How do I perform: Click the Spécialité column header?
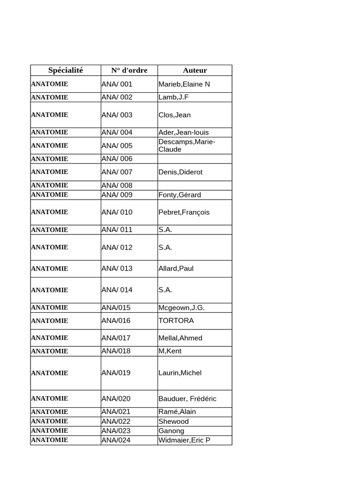pos(66,70)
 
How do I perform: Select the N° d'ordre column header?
pos(129,70)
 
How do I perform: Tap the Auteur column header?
pos(195,70)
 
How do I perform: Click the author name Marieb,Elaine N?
pos(184,84)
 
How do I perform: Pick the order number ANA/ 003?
pos(117,115)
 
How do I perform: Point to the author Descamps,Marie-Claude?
pos(187,145)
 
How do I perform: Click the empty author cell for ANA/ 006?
pos(195,159)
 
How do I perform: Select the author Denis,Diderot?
pos(180,172)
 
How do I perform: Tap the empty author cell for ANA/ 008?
pos(195,186)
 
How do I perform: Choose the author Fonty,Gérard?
pos(180,195)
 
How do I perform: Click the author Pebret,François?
pos(184,212)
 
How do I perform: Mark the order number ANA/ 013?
pos(117,269)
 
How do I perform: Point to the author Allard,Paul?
pos(176,269)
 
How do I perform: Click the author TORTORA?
pos(176,321)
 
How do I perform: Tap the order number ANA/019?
pos(116,373)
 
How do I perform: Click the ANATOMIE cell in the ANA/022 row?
pos(50,421)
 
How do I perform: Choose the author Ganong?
pos(171,431)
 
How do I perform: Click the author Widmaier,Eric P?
pos(184,440)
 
